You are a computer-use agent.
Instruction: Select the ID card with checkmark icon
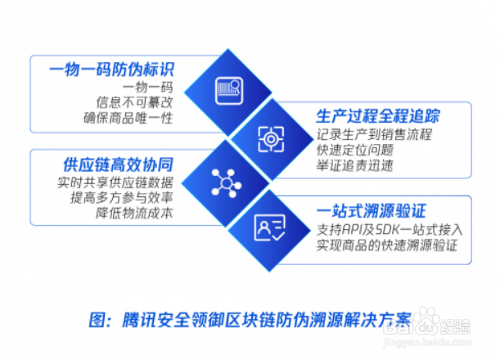[x=269, y=228]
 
